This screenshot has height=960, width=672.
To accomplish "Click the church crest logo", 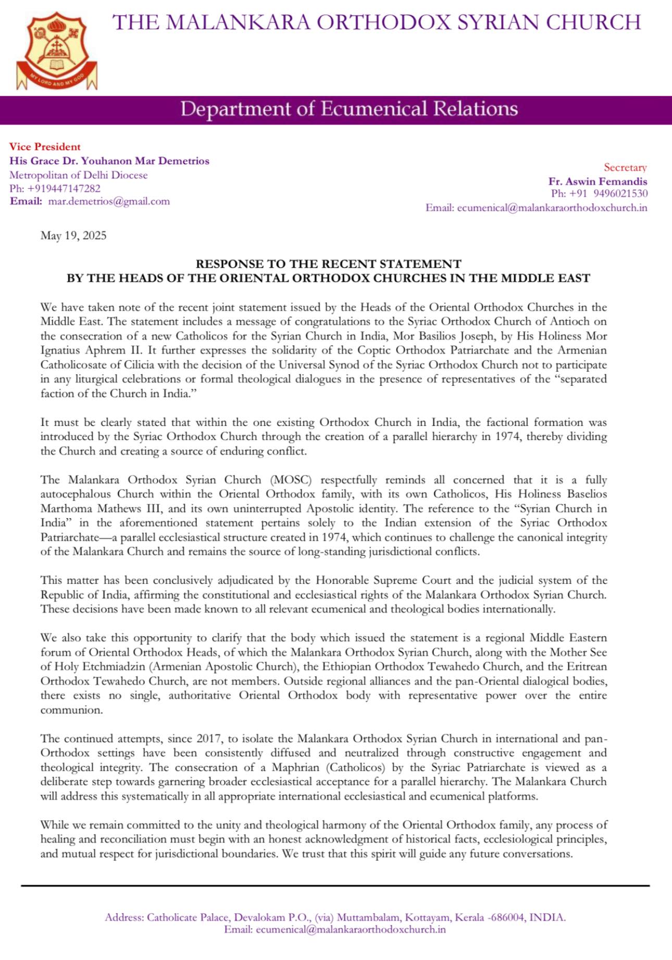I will tap(57, 51).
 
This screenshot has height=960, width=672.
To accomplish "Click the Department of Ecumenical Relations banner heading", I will tap(349, 109).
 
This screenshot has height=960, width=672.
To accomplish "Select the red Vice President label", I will tap(45, 146).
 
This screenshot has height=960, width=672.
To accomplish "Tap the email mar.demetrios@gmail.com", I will tap(109, 201).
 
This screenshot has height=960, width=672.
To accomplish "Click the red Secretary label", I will tap(625, 167).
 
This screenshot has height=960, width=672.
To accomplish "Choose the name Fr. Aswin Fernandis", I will tap(598, 181).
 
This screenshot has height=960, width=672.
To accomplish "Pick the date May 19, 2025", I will tap(73, 236).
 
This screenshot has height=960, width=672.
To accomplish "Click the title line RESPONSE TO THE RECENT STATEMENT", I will tap(328, 264).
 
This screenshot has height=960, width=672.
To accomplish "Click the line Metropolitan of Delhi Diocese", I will tap(78, 175).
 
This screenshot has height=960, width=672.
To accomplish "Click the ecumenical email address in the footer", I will tap(351, 929).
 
